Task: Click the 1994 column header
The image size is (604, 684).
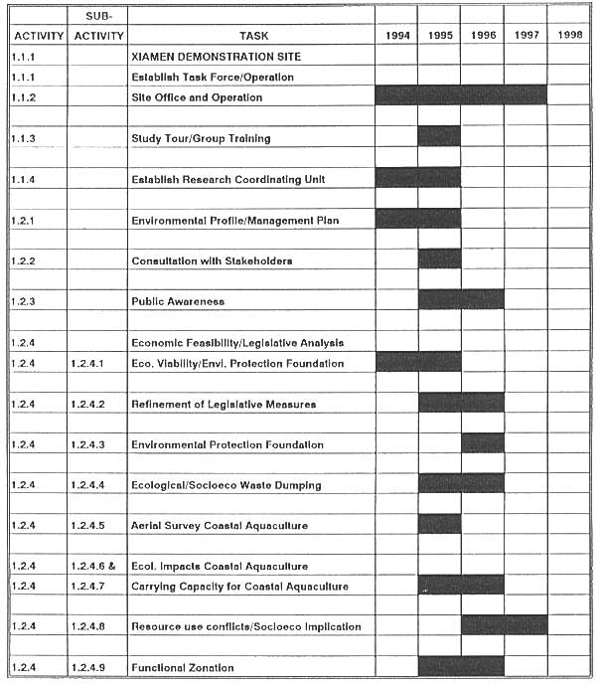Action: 396,36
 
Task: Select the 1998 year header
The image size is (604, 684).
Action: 569,36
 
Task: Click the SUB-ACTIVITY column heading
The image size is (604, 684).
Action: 97,26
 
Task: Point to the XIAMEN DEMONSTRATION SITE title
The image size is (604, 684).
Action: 216,57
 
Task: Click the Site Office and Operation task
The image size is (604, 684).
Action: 197,97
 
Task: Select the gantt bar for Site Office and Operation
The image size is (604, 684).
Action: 461,95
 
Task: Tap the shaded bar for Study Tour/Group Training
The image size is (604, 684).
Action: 439,136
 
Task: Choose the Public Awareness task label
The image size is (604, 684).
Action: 178,301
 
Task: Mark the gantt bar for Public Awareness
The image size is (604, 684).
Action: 461,299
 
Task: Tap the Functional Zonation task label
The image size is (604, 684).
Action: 182,667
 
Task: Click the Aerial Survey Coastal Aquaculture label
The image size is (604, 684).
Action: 219,525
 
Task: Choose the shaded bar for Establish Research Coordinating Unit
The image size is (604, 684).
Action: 417,177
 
